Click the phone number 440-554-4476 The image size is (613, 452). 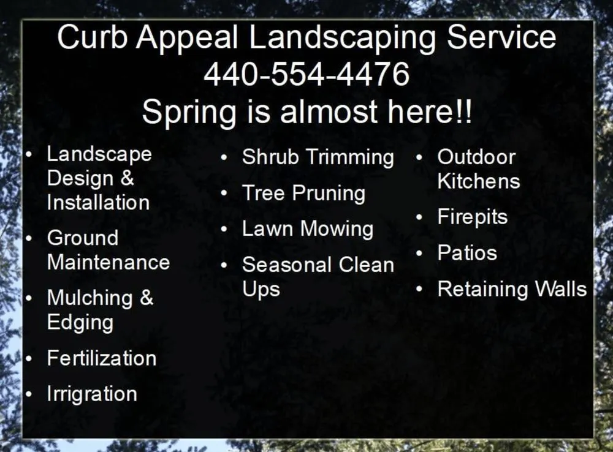(x=306, y=75)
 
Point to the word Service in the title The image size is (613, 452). (x=501, y=38)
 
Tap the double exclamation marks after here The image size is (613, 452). (x=464, y=112)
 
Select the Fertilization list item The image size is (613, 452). (x=101, y=358)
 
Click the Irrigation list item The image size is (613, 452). (x=92, y=394)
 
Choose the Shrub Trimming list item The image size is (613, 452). (x=318, y=157)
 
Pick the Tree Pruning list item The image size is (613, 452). (x=303, y=194)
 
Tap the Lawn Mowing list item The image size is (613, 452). (x=307, y=229)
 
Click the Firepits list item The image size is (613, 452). (x=472, y=217)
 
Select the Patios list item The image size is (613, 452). (x=466, y=253)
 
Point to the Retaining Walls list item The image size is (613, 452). (x=512, y=289)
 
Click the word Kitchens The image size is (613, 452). (x=478, y=181)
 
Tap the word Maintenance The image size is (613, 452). (x=108, y=262)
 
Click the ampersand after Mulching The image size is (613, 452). (x=146, y=298)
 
